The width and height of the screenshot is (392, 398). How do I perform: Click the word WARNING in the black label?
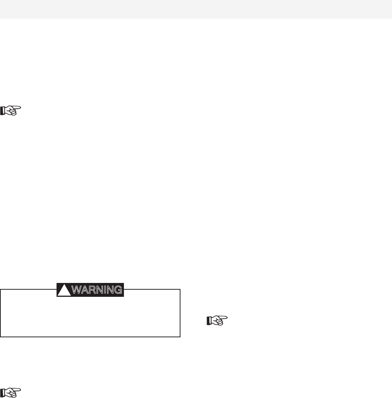97,290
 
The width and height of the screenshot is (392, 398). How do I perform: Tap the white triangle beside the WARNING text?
64,290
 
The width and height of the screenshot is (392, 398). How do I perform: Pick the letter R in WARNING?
90,290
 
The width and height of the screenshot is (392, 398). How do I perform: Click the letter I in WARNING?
104,290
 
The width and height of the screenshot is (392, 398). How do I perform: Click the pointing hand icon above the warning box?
11,110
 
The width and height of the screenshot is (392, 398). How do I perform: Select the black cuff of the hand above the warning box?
3,110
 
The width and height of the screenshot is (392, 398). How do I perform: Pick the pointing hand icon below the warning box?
11,392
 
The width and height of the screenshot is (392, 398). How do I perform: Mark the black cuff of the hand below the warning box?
3,393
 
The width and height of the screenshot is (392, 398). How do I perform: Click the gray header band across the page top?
196,9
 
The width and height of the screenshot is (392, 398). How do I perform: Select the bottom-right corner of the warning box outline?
180,337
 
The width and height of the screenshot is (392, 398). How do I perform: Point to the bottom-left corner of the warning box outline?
1,337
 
